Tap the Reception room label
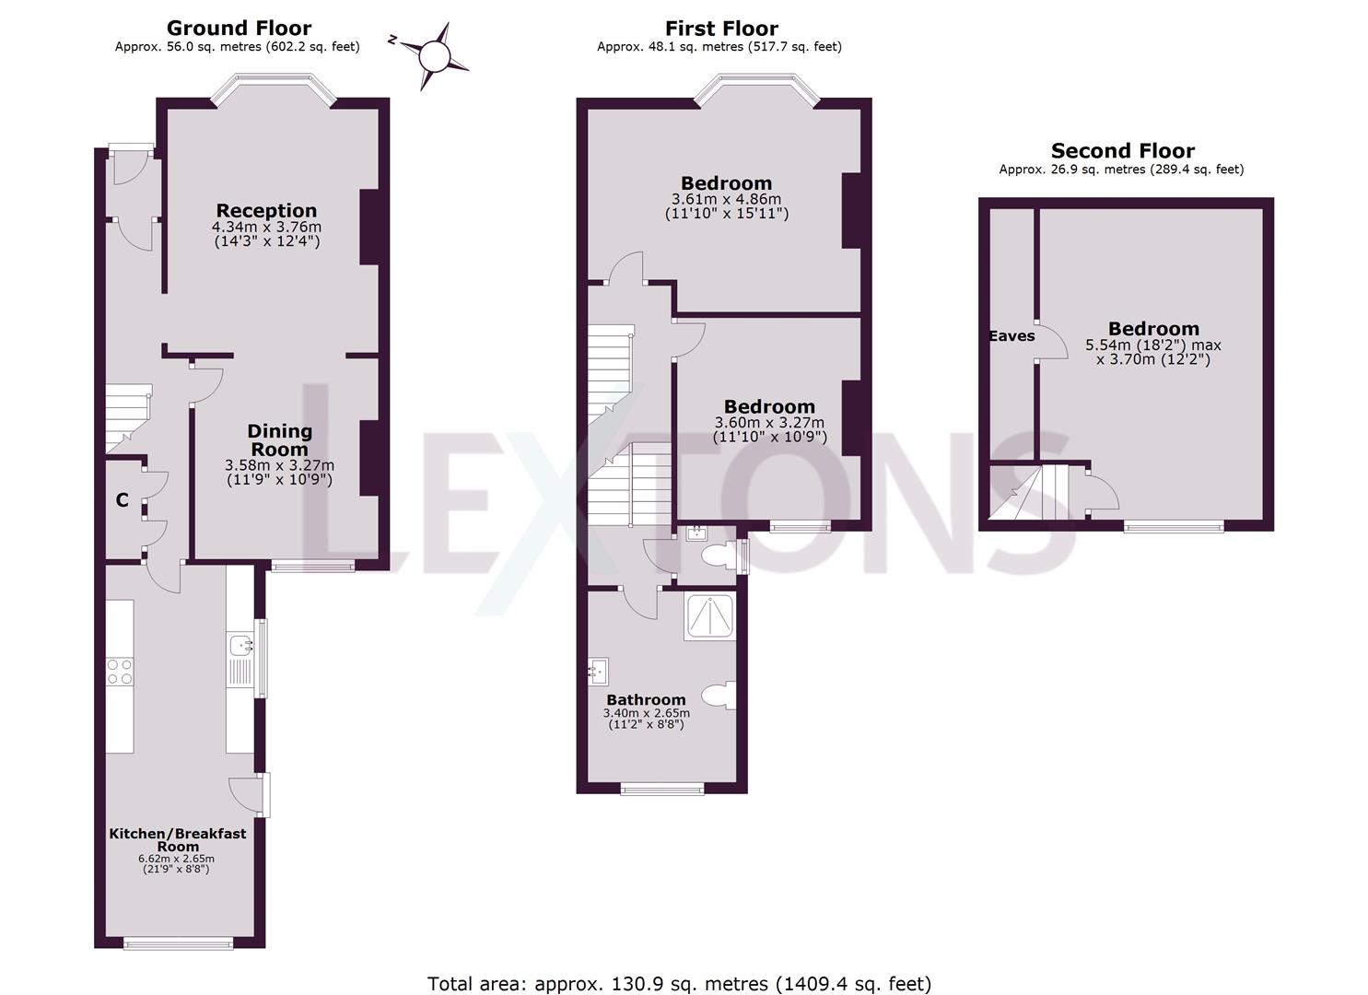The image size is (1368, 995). [266, 211]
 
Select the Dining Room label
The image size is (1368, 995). [279, 439]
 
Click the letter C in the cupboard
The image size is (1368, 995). [122, 501]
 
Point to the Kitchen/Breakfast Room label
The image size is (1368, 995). [178, 839]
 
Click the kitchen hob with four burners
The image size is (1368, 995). [120, 672]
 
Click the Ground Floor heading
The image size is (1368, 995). [239, 29]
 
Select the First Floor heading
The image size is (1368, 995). [721, 29]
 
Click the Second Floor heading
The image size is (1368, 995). [1122, 151]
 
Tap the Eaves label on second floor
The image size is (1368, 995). [1011, 336]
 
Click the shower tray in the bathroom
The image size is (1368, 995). [709, 616]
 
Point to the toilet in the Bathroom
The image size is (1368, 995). [719, 696]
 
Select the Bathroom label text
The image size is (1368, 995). [646, 700]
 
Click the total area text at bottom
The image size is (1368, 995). [679, 983]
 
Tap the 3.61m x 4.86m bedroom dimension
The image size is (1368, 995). [726, 199]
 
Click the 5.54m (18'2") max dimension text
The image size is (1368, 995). [1152, 345]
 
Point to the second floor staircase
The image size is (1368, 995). [1036, 492]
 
